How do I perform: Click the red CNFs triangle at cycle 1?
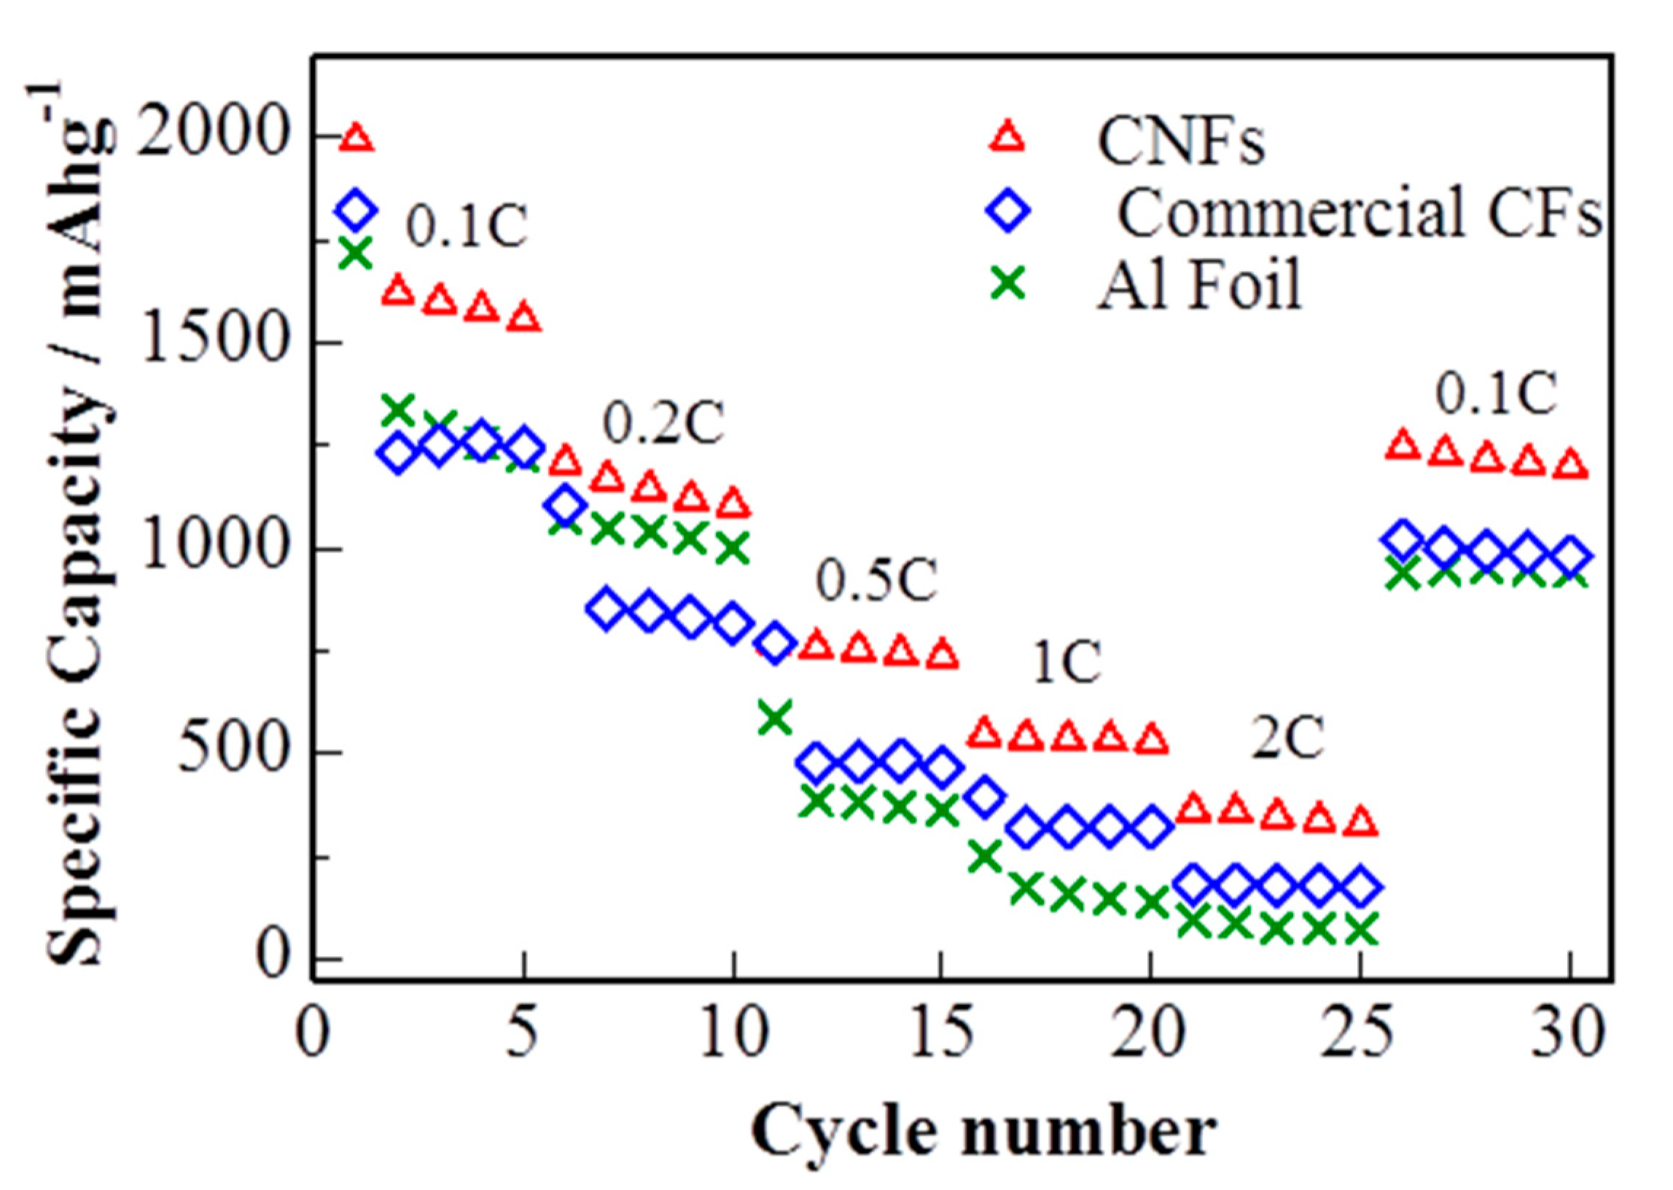[357, 137]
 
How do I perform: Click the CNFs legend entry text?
[1180, 141]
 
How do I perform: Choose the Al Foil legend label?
[1199, 284]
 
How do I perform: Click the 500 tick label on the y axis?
[230, 752]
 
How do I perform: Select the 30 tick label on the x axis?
[1569, 1036]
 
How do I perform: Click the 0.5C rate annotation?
[877, 582]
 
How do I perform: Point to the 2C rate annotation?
[1287, 739]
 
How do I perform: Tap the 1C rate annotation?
[1066, 663]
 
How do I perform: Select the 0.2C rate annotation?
[663, 423]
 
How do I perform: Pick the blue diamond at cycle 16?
[984, 796]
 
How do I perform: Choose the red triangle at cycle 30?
[1569, 466]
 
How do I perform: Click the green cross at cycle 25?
[1360, 928]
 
